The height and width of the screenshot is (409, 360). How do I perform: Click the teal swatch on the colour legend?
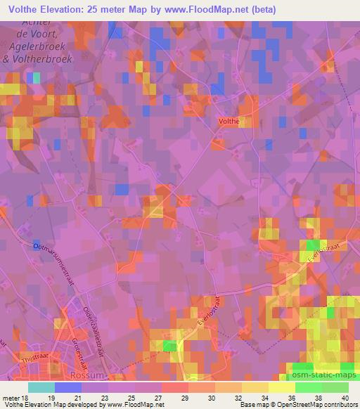[x=41, y=387]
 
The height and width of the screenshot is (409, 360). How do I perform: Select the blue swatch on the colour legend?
[x=68, y=387]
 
